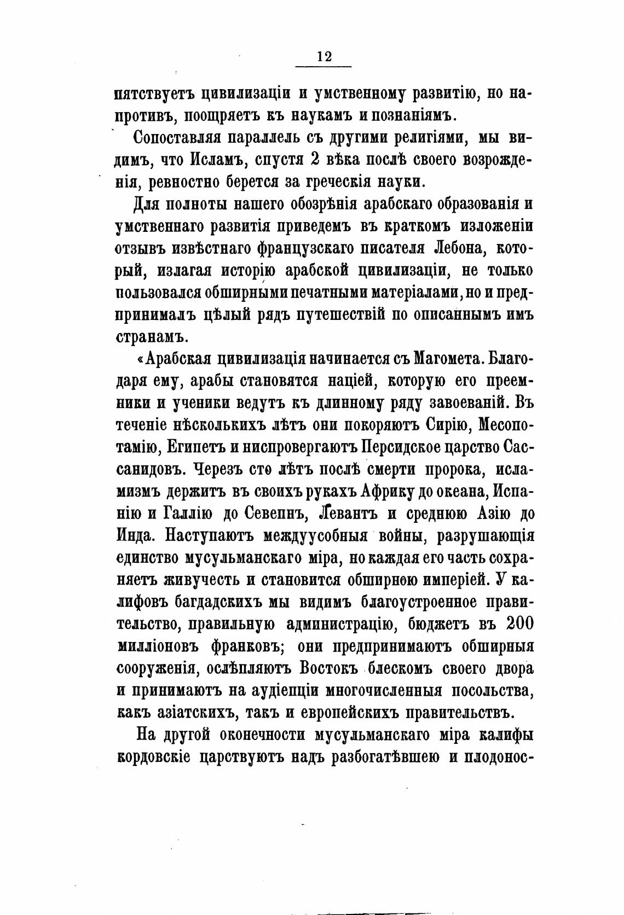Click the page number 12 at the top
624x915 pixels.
pyautogui.click(x=323, y=56)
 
